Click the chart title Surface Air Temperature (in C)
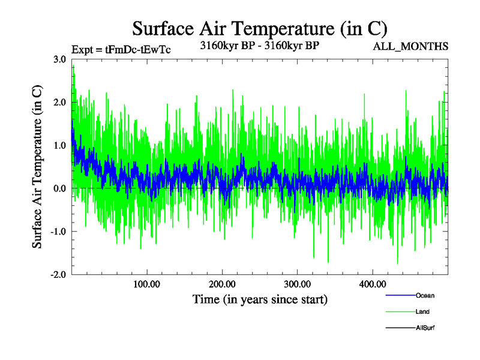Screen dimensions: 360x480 click(260, 29)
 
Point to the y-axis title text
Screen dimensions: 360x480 click(37, 166)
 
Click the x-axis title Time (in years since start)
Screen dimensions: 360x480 click(260, 299)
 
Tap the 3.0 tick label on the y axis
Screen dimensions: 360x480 click(59, 59)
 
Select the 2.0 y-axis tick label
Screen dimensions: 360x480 click(59, 103)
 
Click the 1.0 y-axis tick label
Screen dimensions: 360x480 click(59, 146)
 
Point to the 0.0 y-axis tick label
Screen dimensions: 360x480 click(59, 188)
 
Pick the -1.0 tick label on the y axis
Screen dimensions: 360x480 click(58, 232)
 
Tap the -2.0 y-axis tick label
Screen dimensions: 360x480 click(58, 275)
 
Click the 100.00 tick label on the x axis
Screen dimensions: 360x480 click(146, 283)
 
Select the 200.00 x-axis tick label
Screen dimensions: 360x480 click(222, 283)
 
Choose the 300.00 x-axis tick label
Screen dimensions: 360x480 click(297, 283)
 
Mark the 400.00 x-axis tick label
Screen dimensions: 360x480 click(372, 283)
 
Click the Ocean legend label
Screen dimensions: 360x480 click(425, 296)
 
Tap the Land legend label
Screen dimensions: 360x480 click(422, 312)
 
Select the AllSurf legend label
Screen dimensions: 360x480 click(425, 328)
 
